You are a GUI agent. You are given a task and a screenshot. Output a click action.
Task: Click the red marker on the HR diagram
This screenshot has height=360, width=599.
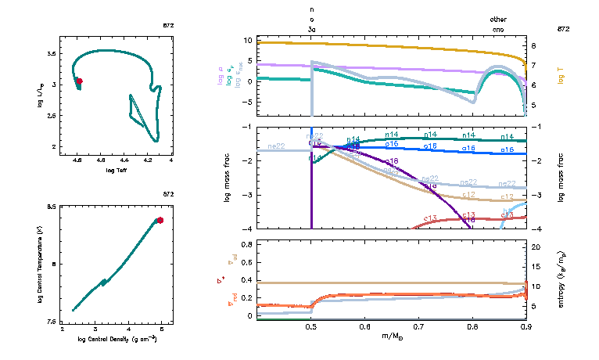click(79, 81)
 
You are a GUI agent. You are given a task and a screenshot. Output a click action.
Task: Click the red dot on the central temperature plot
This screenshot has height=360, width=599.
click(160, 220)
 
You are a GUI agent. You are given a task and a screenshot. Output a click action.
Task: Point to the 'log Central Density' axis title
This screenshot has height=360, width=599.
click(117, 338)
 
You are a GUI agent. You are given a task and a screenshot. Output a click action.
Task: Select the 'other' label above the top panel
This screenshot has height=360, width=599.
click(498, 18)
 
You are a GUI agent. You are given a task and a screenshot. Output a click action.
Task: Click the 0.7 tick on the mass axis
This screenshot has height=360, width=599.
click(418, 327)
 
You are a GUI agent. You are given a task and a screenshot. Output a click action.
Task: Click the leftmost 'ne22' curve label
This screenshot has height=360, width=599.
click(276, 146)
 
